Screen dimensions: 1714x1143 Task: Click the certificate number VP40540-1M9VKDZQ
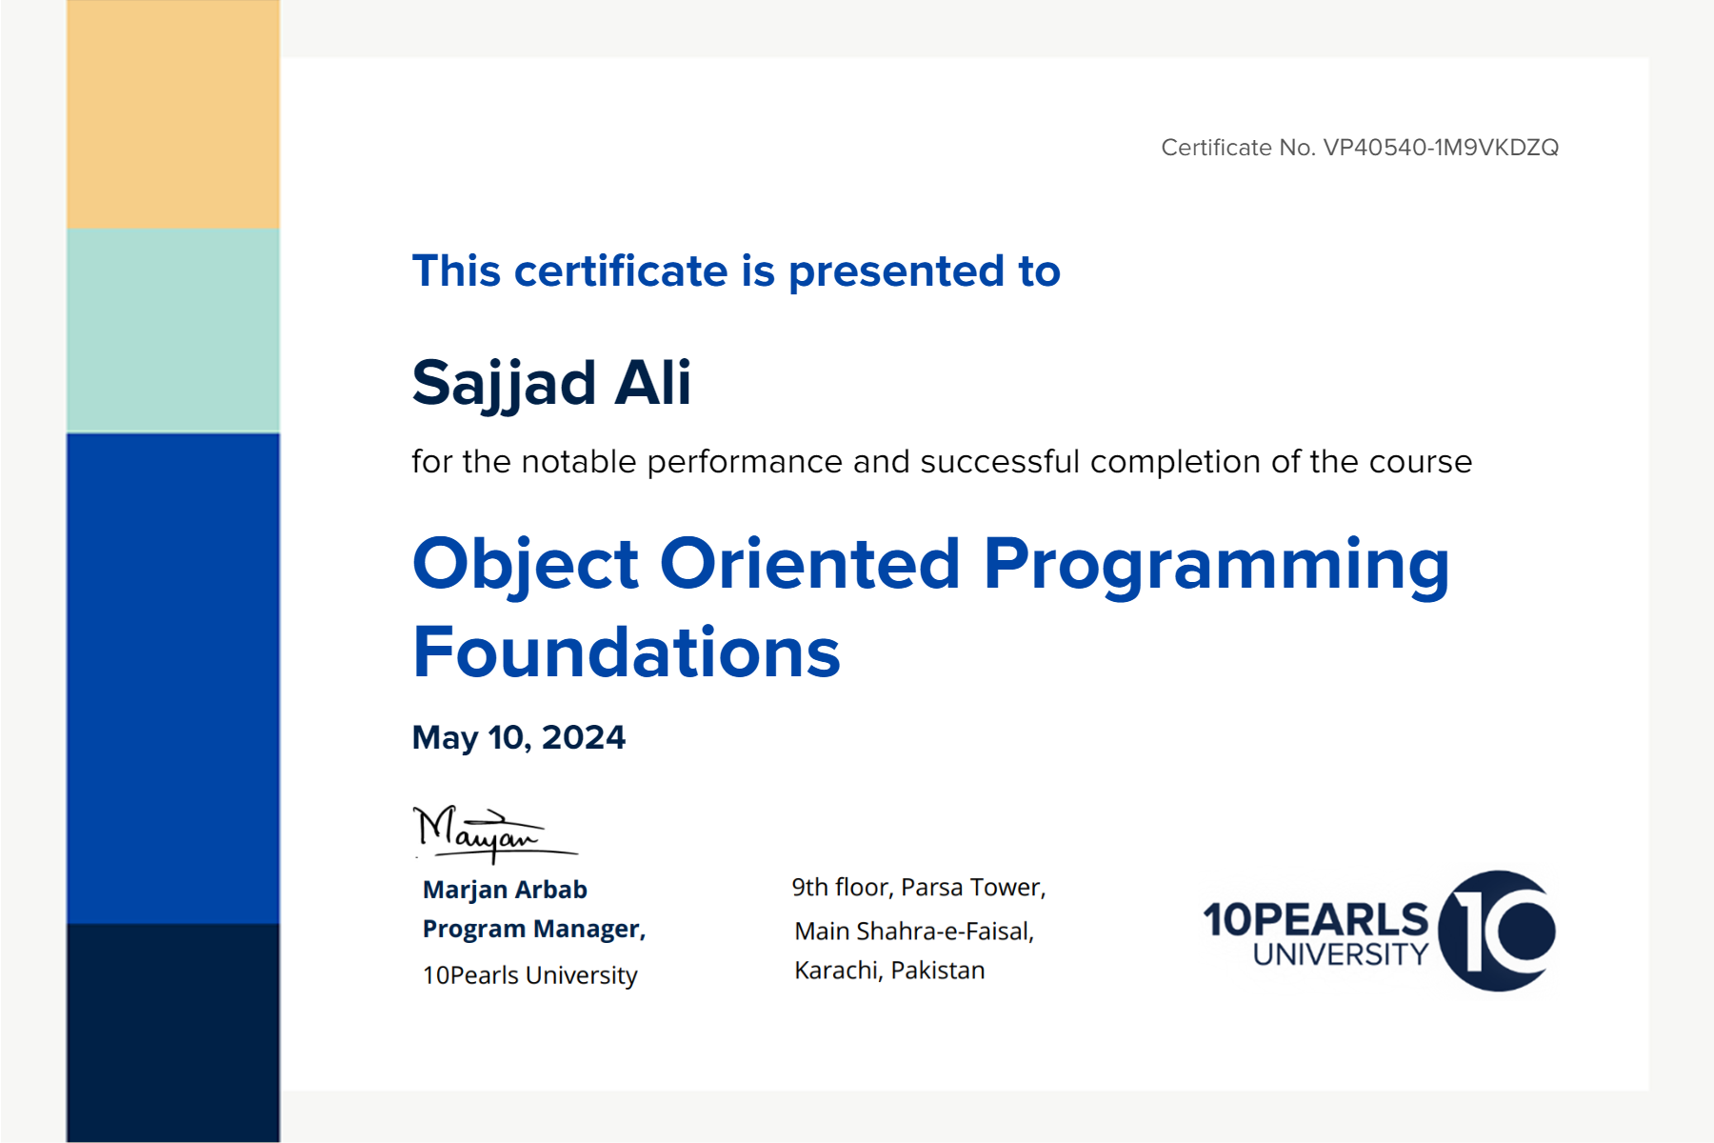1441,148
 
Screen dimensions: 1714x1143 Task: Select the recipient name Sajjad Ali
551,384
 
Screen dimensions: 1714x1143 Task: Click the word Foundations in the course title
627,652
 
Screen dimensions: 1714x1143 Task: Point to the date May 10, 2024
519,737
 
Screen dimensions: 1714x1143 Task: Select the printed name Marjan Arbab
505,890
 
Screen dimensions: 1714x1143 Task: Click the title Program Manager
534,929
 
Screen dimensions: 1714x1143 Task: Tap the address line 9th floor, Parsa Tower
919,888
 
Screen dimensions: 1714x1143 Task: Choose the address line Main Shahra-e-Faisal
914,931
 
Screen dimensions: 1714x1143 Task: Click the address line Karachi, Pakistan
889,971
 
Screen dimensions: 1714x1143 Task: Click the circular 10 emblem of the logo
1497,931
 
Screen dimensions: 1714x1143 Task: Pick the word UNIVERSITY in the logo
1341,954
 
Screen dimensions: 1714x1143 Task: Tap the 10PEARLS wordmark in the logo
1316,919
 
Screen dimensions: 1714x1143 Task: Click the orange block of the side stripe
173,114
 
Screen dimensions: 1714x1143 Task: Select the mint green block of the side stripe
173,331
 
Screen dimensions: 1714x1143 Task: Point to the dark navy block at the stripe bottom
173,1033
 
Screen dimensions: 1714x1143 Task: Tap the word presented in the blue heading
896,272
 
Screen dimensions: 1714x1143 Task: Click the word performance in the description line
745,463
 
